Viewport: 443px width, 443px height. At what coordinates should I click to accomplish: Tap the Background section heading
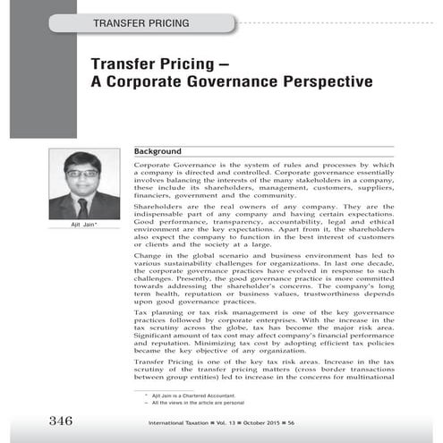coord(158,152)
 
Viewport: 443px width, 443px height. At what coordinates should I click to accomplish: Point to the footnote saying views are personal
coord(195,404)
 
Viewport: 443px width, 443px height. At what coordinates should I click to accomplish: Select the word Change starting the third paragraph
coord(145,257)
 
